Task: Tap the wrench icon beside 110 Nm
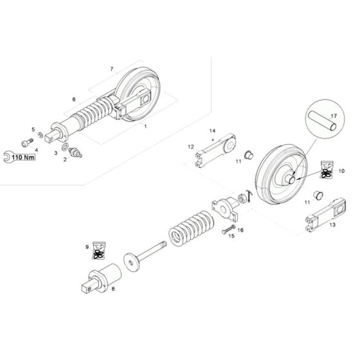point(7,156)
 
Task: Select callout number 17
point(333,117)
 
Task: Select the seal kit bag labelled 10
point(325,172)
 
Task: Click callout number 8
point(113,290)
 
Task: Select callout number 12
point(190,147)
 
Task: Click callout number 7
point(111,69)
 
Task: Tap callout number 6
point(74,99)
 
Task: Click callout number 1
point(145,127)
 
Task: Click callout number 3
point(55,154)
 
